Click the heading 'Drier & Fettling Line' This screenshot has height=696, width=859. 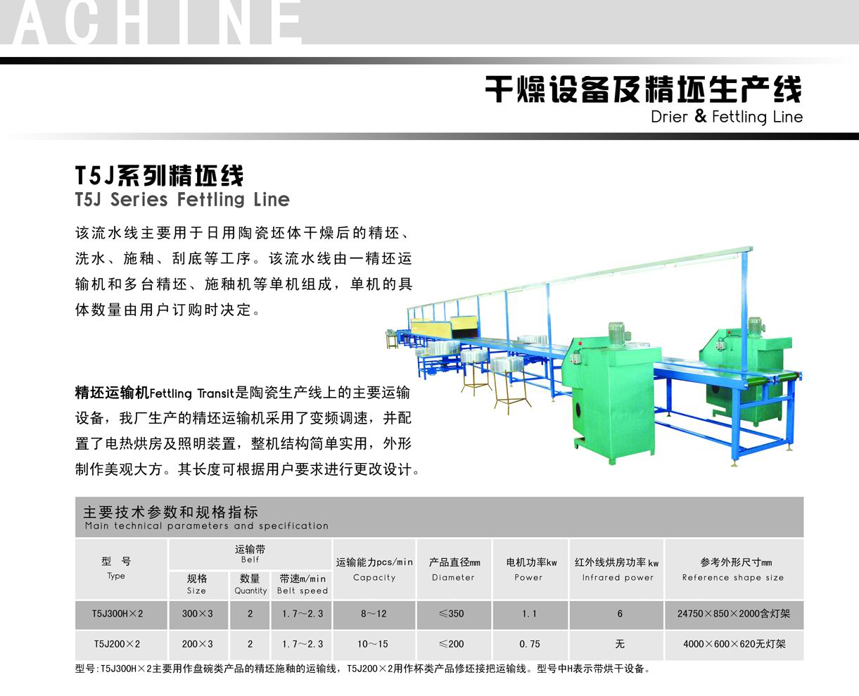[726, 117]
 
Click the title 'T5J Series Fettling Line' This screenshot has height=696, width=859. [182, 200]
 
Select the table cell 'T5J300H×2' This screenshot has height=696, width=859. [117, 614]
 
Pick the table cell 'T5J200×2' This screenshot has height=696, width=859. [117, 644]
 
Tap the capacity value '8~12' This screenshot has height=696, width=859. [374, 614]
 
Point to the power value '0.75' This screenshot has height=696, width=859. [530, 644]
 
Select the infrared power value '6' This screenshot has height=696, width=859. [619, 614]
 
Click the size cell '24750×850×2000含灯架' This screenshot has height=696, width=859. [734, 614]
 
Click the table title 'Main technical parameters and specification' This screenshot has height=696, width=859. [206, 526]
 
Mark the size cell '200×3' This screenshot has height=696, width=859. [197, 644]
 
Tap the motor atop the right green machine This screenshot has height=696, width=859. [754, 327]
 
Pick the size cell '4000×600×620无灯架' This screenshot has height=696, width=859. [734, 644]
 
